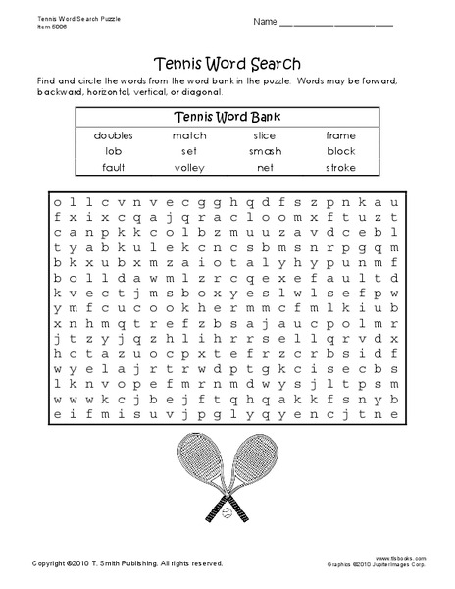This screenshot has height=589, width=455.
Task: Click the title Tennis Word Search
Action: tap(227, 57)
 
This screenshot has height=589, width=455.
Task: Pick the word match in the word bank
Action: tap(189, 135)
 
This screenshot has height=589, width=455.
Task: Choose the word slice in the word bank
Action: tap(264, 135)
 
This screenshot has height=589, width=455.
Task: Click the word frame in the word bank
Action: tap(340, 135)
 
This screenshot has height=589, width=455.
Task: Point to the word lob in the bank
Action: tap(114, 151)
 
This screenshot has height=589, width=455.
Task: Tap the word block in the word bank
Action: tap(340, 151)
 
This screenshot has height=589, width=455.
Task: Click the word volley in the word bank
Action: tap(189, 167)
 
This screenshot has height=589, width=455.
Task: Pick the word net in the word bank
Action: tap(264, 167)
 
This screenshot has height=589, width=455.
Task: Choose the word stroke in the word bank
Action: tap(340, 167)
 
